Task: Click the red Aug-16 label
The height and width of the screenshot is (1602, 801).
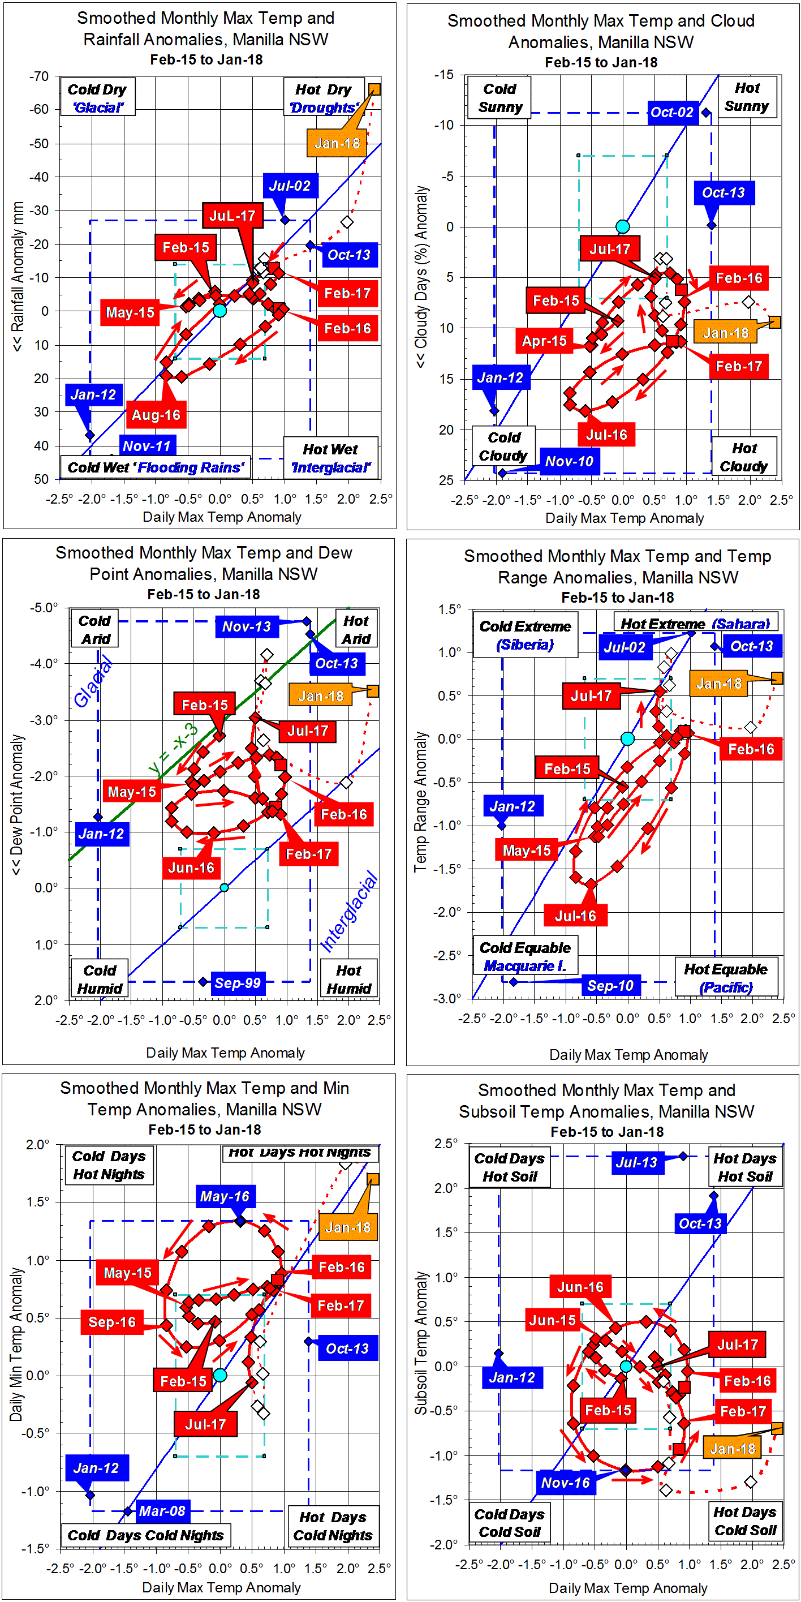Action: (156, 415)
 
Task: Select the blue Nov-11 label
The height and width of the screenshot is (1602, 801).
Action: (147, 445)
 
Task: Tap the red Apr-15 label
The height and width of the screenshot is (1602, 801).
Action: (544, 341)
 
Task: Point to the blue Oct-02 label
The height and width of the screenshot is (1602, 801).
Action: (671, 113)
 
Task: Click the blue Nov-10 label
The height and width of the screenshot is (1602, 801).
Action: (569, 461)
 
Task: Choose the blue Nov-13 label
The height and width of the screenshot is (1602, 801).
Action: (246, 627)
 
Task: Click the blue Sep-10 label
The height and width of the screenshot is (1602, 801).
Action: (609, 986)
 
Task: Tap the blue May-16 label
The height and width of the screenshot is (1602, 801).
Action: (225, 1196)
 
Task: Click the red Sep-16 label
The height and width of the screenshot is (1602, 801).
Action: (112, 1322)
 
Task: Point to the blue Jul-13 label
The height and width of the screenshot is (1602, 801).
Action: (636, 1162)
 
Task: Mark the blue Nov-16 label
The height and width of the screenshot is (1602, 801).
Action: (565, 1483)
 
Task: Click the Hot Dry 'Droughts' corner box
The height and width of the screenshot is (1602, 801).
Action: (324, 98)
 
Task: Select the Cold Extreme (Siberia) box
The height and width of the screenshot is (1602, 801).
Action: (525, 635)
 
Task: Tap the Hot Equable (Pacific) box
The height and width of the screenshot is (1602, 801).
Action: (726, 978)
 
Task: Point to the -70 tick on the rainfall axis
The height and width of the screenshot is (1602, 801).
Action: (39, 76)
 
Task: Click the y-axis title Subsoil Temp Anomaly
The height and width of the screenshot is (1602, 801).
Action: (421, 1343)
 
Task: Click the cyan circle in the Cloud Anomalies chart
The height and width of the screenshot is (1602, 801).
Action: (622, 226)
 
